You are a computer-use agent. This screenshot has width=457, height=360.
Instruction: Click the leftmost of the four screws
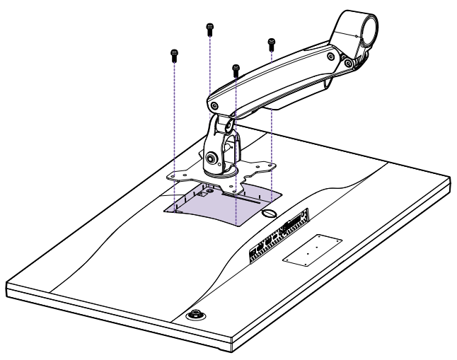click(174, 54)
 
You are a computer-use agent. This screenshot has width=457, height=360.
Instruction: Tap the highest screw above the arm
click(209, 29)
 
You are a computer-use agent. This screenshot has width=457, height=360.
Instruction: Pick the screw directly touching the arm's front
click(236, 69)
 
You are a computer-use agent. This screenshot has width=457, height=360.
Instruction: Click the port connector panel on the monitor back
click(280, 234)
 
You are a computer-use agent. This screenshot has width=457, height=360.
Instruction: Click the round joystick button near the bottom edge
click(193, 315)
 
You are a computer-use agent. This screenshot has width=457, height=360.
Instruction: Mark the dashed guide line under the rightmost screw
click(271, 127)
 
